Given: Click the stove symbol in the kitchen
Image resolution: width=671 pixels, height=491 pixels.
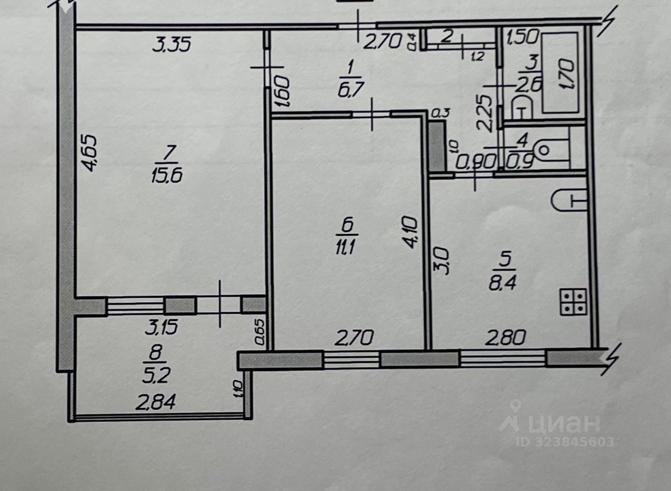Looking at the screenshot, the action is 573,302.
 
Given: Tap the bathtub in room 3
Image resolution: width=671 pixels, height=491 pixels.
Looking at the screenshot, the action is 560,72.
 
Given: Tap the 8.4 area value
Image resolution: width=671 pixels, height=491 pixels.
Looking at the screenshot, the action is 508,285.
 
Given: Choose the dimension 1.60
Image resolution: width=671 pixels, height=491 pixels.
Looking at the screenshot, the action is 282,91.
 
